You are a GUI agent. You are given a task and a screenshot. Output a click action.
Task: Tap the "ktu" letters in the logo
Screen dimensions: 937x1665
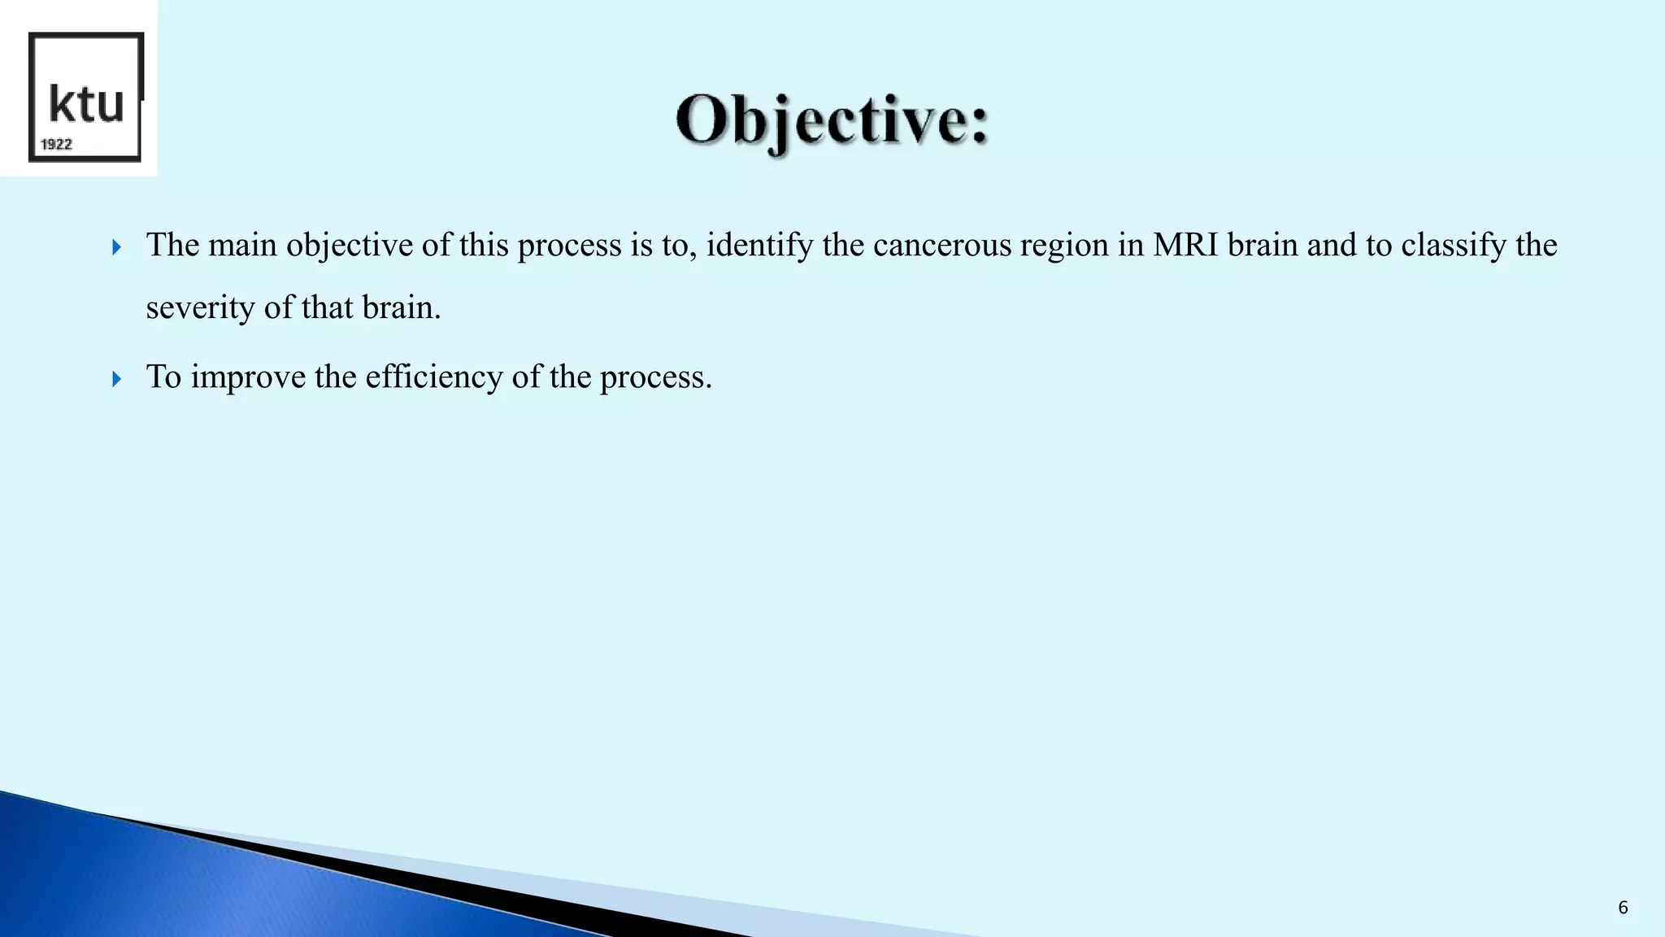(86, 104)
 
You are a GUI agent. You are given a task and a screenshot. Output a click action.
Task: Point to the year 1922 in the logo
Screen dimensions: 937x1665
(57, 145)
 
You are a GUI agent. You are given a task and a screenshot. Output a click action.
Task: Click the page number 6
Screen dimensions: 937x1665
(1623, 908)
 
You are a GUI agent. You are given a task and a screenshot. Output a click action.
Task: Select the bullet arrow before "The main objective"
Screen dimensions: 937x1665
(117, 247)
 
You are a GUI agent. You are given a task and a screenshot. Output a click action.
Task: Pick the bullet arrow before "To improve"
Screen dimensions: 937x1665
(117, 378)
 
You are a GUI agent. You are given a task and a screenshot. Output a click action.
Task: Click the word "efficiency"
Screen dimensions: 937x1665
(434, 377)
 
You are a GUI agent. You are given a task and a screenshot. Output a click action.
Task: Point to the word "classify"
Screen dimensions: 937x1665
(1454, 246)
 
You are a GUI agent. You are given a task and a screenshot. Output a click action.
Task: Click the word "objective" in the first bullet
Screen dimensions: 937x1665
(350, 246)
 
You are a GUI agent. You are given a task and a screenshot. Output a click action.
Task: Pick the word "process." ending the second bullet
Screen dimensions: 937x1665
(656, 377)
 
